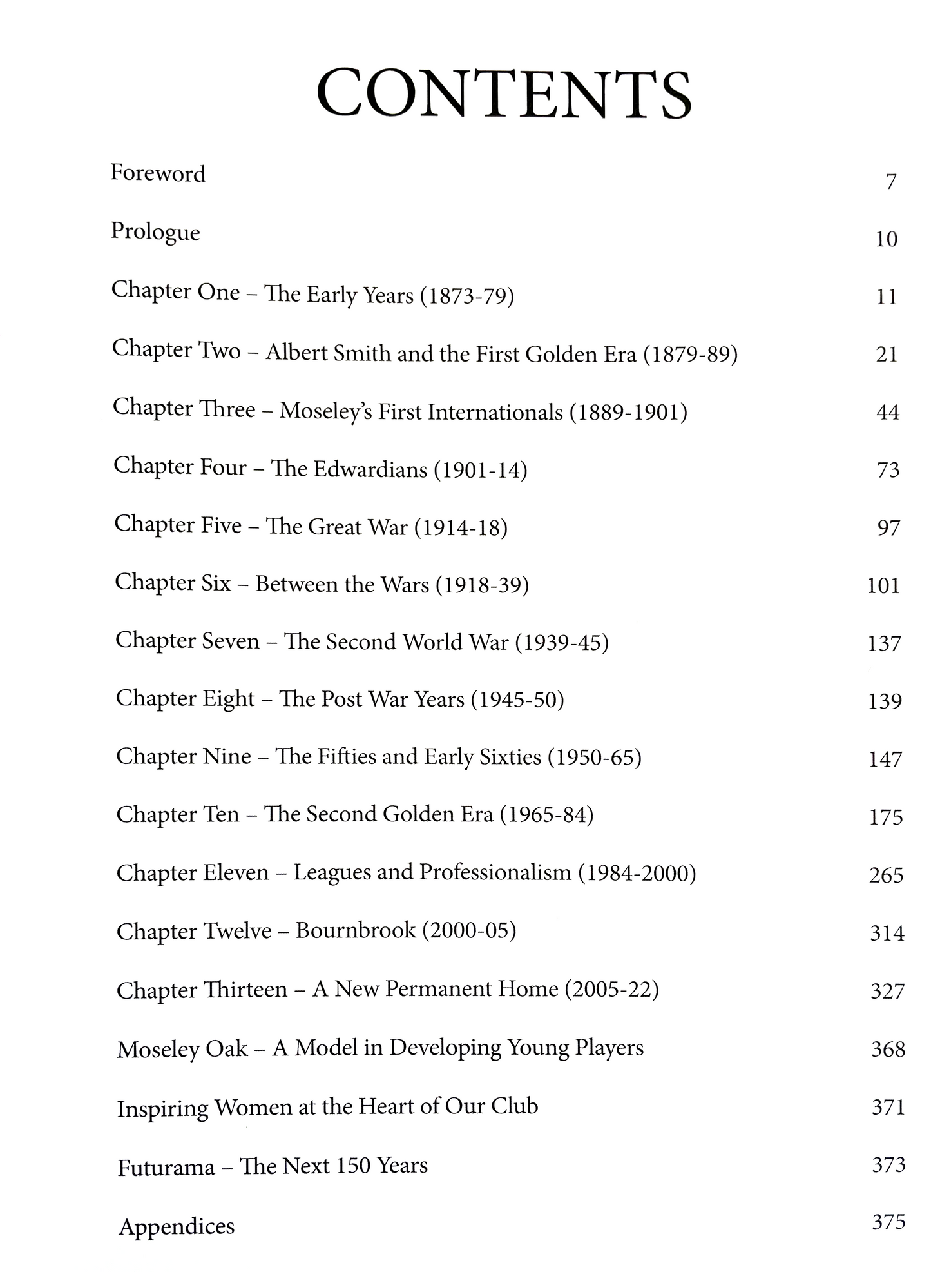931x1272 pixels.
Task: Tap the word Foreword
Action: [158, 173]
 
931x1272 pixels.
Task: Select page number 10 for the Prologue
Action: [887, 239]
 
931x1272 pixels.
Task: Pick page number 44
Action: [887, 412]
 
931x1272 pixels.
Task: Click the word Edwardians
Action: [370, 469]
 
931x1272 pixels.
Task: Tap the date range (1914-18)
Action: [461, 527]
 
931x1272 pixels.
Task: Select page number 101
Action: [883, 585]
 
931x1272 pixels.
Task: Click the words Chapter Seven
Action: [187, 641]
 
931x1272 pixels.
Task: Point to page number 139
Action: [885, 701]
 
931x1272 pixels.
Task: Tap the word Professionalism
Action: [495, 872]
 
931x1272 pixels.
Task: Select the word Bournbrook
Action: [356, 930]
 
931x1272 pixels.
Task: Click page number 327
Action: [887, 991]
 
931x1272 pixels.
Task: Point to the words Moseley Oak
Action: [182, 1049]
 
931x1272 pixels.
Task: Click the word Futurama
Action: [166, 1168]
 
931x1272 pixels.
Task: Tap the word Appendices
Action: [177, 1226]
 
